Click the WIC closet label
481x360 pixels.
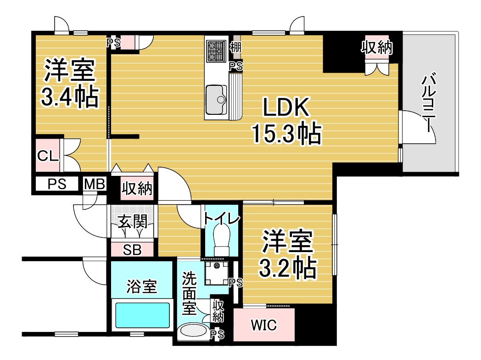pos(264,325)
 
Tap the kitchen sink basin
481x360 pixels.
pos(216,99)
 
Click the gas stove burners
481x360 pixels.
pos(216,51)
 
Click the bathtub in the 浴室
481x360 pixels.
pos(142,315)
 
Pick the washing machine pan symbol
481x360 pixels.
pos(217,273)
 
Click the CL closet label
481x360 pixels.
pos(48,156)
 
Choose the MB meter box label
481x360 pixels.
pos(95,184)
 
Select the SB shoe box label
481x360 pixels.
pos(132,250)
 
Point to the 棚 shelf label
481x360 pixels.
pos(235,47)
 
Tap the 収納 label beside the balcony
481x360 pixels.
pos(377,47)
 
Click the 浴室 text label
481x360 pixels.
pos(142,287)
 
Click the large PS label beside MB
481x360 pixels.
pos(57,184)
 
